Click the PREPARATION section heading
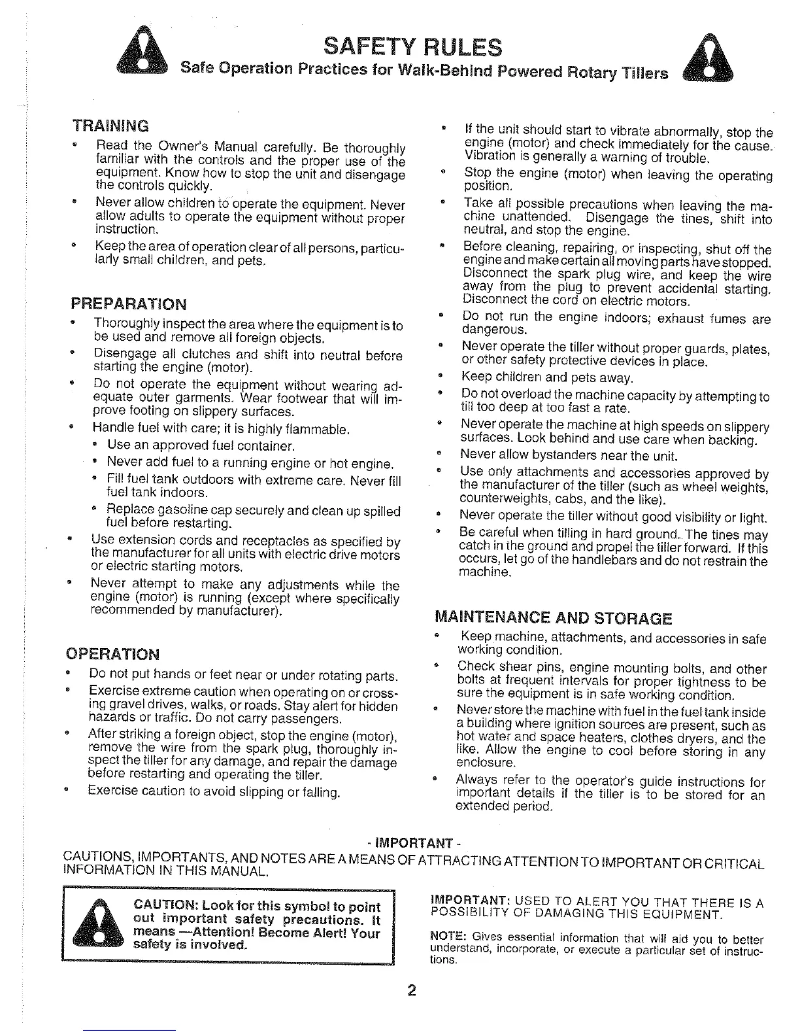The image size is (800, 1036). coord(128,304)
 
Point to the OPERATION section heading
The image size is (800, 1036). coord(112,654)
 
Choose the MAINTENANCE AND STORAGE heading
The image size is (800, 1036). coord(553,618)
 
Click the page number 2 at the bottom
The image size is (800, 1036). coord(412,990)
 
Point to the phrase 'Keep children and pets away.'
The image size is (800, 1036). coord(548,377)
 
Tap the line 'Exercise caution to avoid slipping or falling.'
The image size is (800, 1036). coord(214,792)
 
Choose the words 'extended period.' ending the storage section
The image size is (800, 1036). coord(505,806)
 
